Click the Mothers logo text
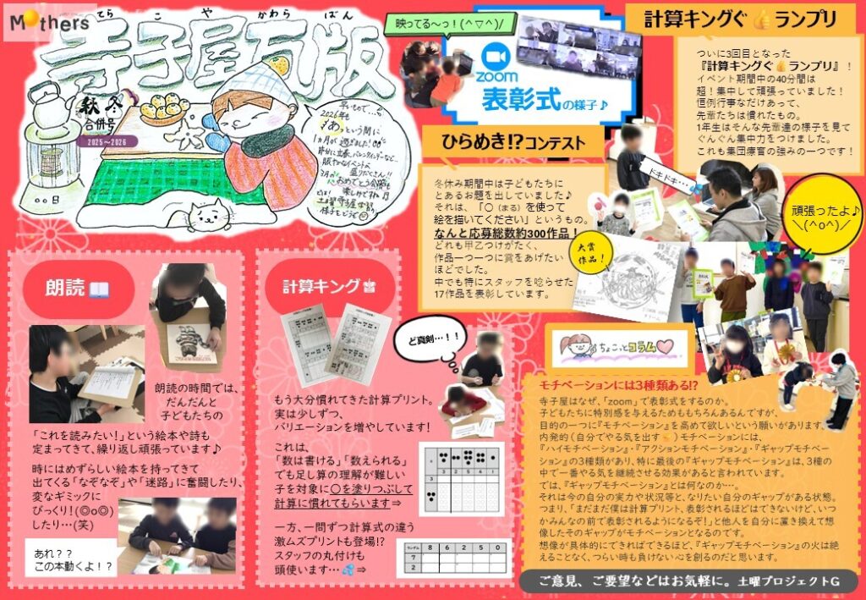(x=51, y=23)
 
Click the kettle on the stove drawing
(x=57, y=100)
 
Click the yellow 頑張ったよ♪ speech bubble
(x=808, y=216)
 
